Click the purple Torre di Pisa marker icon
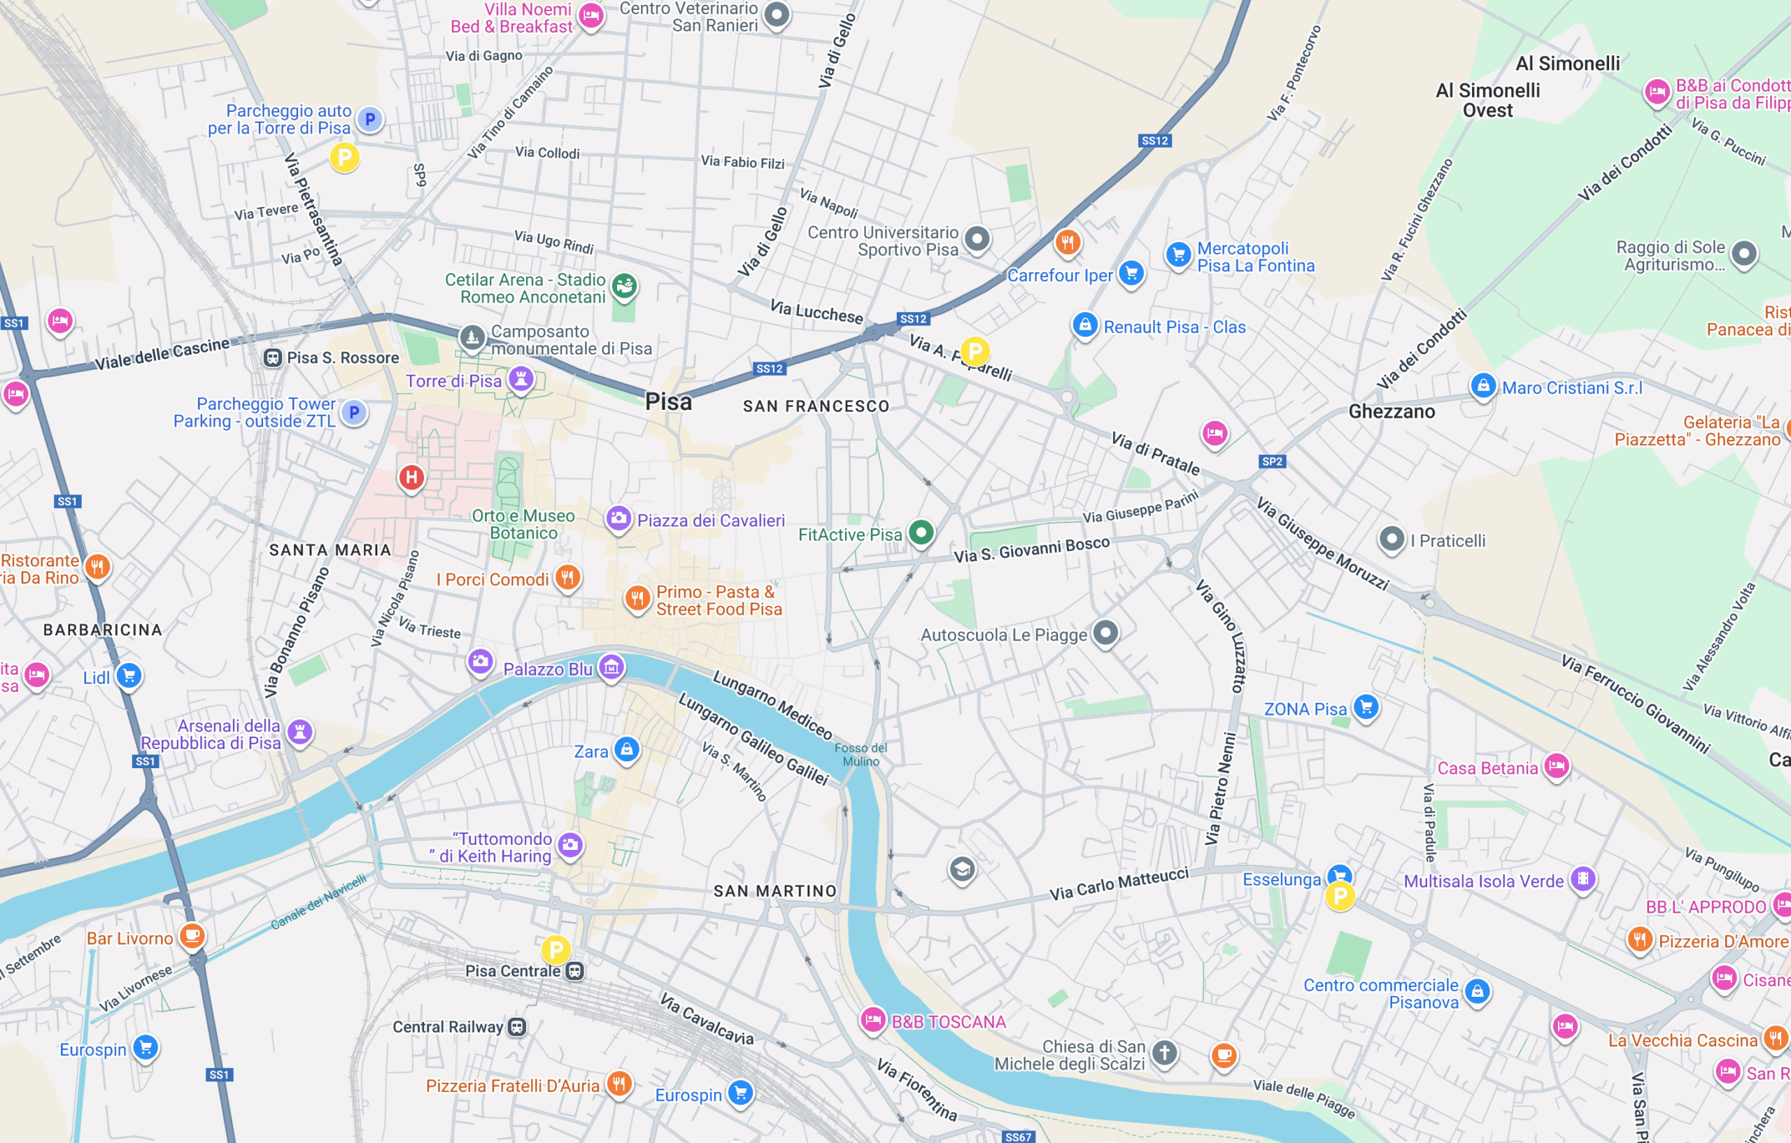tap(521, 378)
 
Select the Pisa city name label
tap(668, 402)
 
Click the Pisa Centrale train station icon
tap(574, 971)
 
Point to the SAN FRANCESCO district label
tap(816, 406)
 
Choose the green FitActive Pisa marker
tap(921, 532)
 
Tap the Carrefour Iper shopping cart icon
tap(1131, 273)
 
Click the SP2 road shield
tap(1272, 461)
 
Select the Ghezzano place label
tap(1392, 411)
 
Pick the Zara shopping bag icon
tap(626, 749)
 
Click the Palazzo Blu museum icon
tap(611, 667)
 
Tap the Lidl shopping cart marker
tap(129, 675)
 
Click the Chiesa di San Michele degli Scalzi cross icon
tap(1164, 1052)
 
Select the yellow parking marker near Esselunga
tap(1340, 896)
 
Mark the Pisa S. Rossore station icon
tap(272, 357)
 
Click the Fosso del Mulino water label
tap(861, 754)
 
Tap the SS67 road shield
tap(1017, 1136)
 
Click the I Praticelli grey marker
tap(1392, 539)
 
